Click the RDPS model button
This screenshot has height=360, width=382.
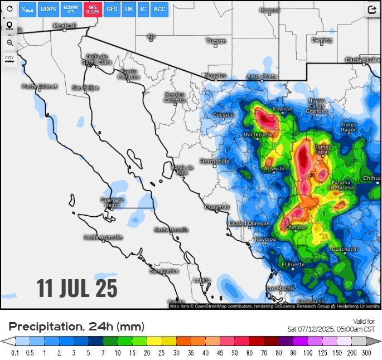[x=48, y=9]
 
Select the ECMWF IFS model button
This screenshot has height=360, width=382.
[x=71, y=9]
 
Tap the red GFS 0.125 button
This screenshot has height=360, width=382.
[x=93, y=9]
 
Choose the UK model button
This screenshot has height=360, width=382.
[x=129, y=9]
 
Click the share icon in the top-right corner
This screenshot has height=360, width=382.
[x=372, y=9]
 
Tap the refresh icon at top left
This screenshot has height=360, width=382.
[x=9, y=9]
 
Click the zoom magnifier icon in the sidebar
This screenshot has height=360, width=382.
[x=9, y=42]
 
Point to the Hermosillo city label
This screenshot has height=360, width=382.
[x=214, y=161]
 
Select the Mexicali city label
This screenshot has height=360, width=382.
[x=64, y=26]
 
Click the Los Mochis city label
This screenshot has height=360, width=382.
[x=281, y=288]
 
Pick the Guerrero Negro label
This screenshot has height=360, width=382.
[x=112, y=202]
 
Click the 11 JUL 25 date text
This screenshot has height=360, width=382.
[x=78, y=288]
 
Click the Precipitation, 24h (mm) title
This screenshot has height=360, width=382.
[x=76, y=327]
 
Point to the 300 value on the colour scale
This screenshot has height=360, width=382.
[x=366, y=353]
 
